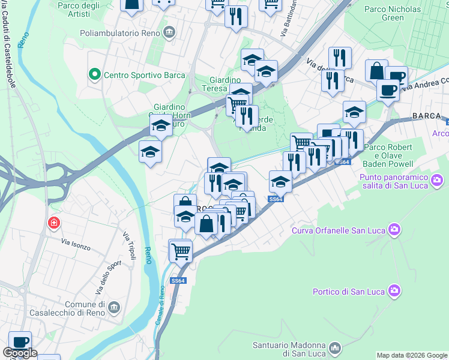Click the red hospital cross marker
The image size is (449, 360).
coord(54,223)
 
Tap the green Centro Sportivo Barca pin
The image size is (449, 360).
coord(94,75)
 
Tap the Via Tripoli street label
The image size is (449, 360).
coord(129,246)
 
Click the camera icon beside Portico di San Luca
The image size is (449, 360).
coord(394,290)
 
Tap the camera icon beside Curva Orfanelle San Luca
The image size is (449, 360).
coord(394,229)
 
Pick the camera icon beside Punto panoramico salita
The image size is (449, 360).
coord(437,179)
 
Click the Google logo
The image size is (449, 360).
coord(20,353)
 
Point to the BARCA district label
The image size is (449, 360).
coord(426,116)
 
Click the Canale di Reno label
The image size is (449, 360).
coord(161,306)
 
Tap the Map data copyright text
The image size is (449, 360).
coord(411,355)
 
